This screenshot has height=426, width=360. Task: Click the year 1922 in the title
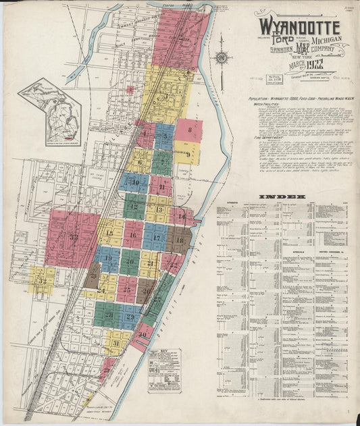[x=315, y=65]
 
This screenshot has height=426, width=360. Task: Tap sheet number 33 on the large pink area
[x=73, y=237]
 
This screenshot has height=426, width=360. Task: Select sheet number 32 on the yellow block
[x=43, y=280]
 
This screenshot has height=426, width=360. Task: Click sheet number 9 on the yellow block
[x=188, y=153]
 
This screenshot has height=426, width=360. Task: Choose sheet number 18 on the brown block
[x=180, y=240]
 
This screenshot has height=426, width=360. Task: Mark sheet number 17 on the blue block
[x=155, y=237]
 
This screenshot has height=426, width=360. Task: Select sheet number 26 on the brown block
[x=146, y=291]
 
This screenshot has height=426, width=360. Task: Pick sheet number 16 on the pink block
[x=133, y=236]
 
